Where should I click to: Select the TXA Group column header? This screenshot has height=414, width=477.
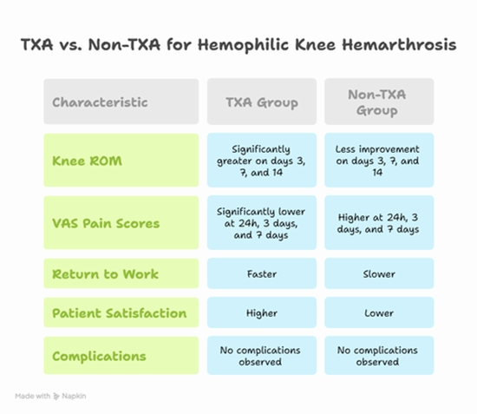(261, 102)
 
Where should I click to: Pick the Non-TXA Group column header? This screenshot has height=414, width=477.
(379, 102)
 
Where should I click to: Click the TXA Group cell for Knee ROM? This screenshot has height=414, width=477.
(261, 161)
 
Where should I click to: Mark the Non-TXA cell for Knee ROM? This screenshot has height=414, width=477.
(379, 161)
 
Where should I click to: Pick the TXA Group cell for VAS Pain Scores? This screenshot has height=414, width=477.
(261, 223)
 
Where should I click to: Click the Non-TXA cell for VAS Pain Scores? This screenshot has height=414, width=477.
(379, 223)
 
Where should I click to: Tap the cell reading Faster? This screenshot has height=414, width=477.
(261, 274)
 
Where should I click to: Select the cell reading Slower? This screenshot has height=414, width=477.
(379, 274)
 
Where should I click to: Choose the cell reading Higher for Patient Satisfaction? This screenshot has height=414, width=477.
(261, 313)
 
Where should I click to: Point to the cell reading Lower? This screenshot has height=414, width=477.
(379, 313)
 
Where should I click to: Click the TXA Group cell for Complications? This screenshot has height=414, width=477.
(261, 356)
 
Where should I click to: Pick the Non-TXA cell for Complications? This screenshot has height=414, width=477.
(379, 356)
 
